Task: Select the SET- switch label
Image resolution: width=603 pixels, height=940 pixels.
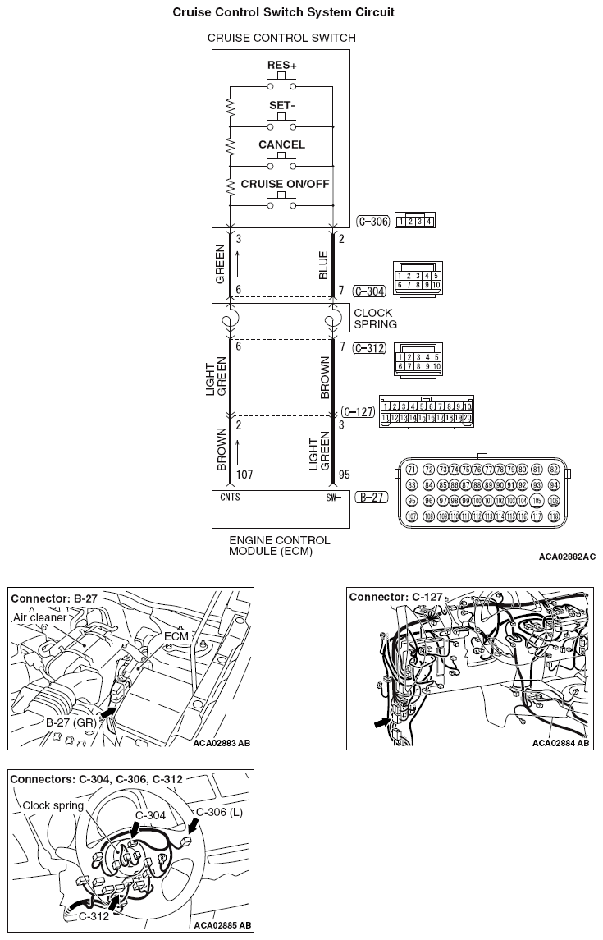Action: point(281,105)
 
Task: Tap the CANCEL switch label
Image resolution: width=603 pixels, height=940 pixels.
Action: point(281,144)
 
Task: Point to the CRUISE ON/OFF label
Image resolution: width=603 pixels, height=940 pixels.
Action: point(285,184)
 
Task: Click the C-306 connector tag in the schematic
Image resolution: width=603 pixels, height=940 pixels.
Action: point(373,221)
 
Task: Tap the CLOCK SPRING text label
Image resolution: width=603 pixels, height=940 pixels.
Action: point(373,319)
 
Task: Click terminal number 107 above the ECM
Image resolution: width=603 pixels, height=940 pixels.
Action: point(244,475)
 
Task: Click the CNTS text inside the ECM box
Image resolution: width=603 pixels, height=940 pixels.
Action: point(230,497)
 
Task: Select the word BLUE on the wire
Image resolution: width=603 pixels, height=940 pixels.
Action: point(323,264)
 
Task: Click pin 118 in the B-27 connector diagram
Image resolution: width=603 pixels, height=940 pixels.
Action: point(554,516)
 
